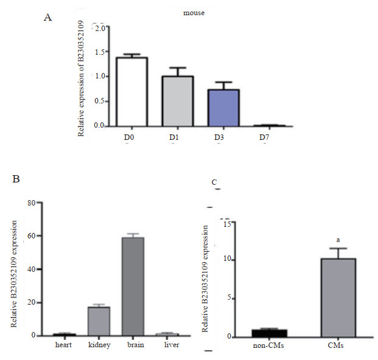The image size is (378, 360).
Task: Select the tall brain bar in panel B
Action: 132,286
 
